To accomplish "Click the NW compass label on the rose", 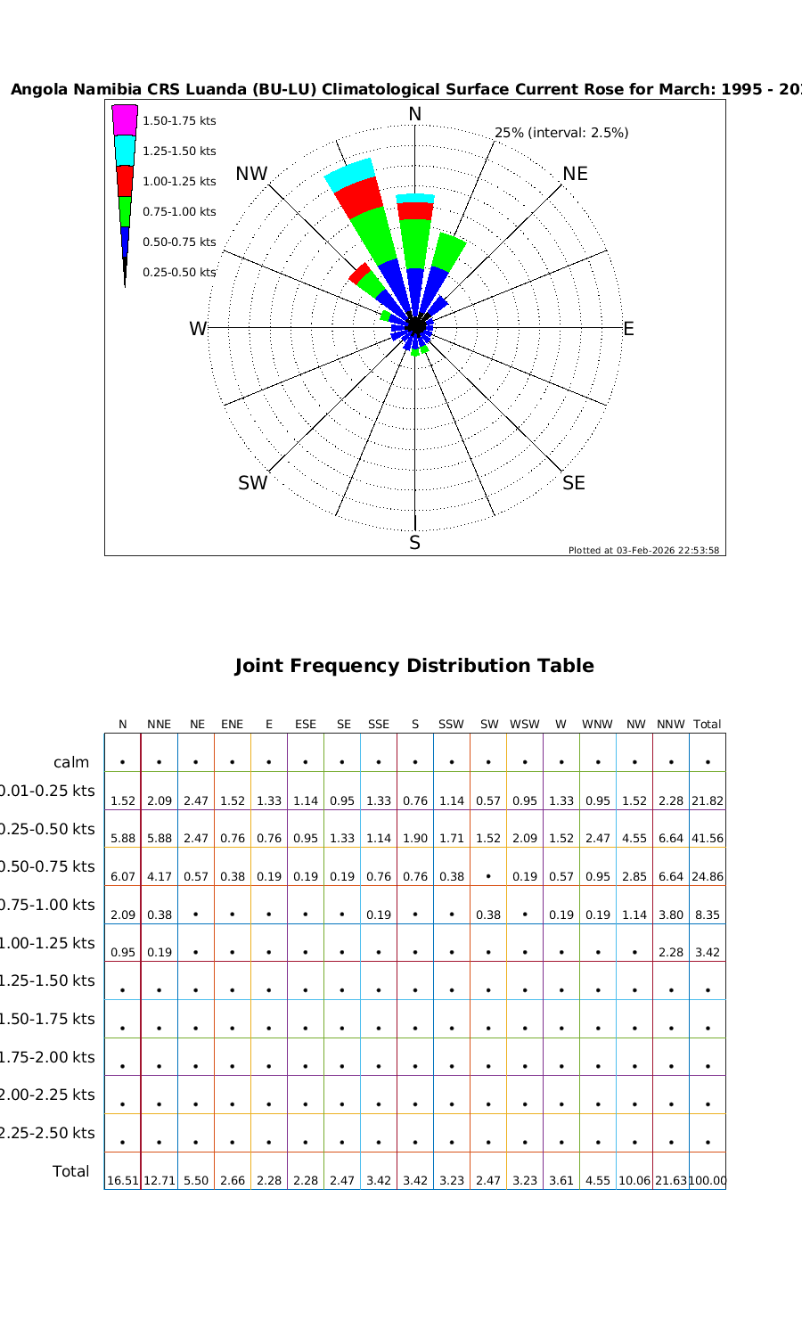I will [x=251, y=174].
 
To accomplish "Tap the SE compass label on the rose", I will [x=574, y=483].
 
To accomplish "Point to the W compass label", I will [x=198, y=329].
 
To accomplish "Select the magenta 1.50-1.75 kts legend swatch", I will [x=125, y=119].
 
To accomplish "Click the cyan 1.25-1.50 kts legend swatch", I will [x=125, y=151].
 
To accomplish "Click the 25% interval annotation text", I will [x=561, y=133].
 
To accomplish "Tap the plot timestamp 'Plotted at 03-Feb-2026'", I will [x=643, y=550].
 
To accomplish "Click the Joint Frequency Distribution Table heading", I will [x=413, y=666].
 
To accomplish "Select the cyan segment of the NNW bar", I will [x=348, y=174].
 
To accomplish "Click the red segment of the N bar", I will [x=415, y=210].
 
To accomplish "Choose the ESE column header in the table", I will [x=306, y=725].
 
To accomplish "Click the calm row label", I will [x=71, y=762].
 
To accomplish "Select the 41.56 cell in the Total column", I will [x=707, y=839].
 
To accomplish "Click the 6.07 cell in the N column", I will [x=123, y=876].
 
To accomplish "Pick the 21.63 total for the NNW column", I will [x=671, y=1180].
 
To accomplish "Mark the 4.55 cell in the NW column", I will [x=634, y=839].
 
